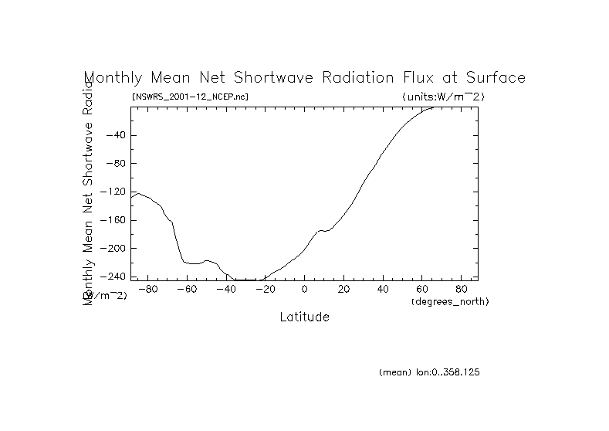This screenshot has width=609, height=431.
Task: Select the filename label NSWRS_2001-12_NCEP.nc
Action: (190, 97)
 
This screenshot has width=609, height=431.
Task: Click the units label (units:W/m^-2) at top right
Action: (443, 97)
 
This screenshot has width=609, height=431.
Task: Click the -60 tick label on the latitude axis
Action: (186, 289)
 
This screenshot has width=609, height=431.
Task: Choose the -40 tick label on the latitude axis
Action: (225, 289)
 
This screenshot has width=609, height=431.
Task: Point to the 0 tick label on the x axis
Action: (305, 289)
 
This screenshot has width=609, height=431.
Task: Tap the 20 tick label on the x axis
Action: (344, 289)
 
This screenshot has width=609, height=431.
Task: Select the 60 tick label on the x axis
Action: (423, 289)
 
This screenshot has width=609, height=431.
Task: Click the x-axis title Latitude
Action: (304, 317)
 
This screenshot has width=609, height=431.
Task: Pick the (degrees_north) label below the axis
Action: (450, 301)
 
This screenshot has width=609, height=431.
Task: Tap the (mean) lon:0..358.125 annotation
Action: (429, 372)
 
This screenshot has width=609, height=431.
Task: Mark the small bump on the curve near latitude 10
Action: (322, 230)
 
